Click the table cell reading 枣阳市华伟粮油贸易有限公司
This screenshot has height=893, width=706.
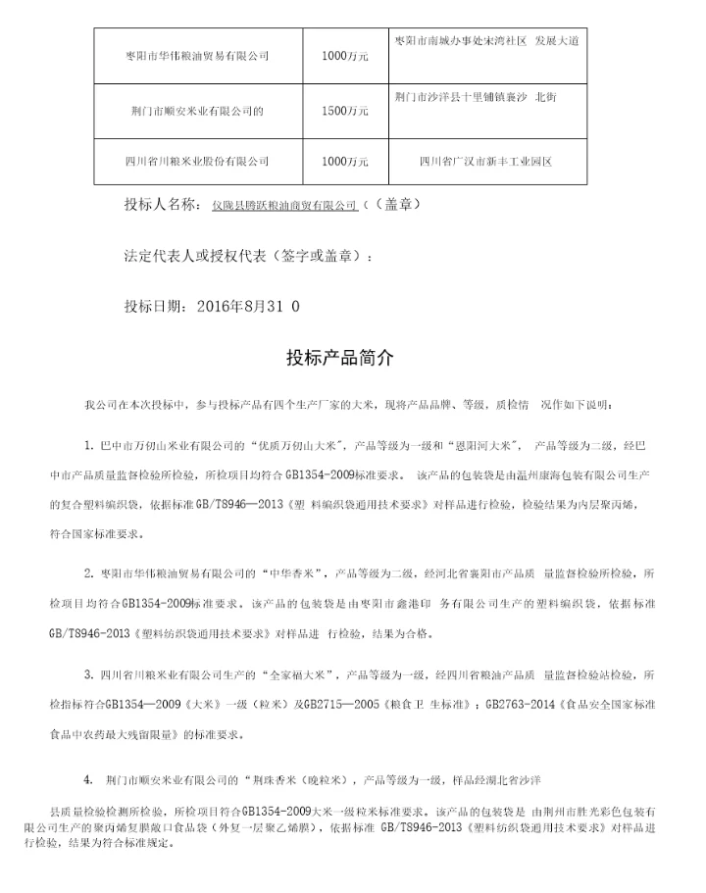[x=198, y=56]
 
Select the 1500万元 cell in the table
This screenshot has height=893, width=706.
[x=345, y=111]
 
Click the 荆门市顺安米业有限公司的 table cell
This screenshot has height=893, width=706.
[x=198, y=111]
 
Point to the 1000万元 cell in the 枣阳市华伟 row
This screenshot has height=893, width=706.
[x=345, y=56]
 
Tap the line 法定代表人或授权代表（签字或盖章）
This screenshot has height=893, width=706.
[x=249, y=256]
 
